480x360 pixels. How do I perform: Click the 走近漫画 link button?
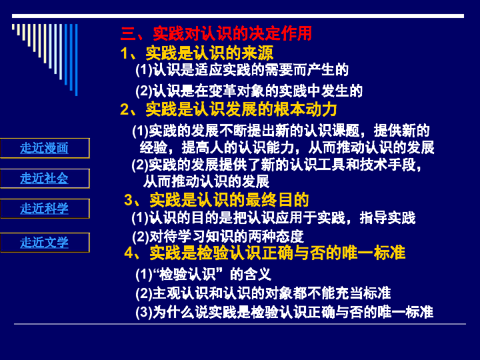tap(45, 148)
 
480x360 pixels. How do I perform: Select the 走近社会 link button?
tap(45, 178)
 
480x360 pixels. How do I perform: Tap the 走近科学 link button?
tap(45, 209)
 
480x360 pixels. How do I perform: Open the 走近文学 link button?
tap(45, 243)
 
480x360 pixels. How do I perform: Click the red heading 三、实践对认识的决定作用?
tap(216, 33)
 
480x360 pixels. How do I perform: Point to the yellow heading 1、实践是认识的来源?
tap(197, 53)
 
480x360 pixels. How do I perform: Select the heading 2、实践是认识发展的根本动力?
tap(229, 109)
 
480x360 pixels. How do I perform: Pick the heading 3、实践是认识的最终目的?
tap(217, 200)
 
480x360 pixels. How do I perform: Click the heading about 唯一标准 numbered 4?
tap(265, 253)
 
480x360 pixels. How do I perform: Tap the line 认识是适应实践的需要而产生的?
tap(242, 70)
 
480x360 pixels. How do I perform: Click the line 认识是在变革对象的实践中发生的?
tap(249, 91)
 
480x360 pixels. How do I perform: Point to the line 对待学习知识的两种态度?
tap(218, 236)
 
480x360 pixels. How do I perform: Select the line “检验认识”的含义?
tap(203, 274)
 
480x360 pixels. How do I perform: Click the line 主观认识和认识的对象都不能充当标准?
tap(263, 293)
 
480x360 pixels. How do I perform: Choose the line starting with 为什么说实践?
tap(285, 312)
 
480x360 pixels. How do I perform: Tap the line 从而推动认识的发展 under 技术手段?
tap(206, 181)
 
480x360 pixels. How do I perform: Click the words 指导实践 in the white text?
tap(387, 217)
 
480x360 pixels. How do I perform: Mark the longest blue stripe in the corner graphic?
tap(76, 60)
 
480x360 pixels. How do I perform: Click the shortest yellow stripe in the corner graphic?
tap(13, 27)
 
